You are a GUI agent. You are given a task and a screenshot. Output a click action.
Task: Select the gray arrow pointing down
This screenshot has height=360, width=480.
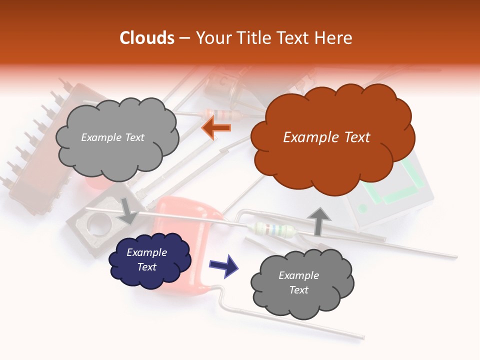pos(128,210)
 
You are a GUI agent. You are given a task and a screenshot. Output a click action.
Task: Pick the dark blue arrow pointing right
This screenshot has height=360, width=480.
pos(223,265)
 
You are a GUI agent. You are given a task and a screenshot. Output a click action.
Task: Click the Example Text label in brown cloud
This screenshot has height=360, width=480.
pos(326,137)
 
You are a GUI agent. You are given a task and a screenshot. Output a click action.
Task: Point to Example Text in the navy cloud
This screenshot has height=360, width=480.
pos(147,260)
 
